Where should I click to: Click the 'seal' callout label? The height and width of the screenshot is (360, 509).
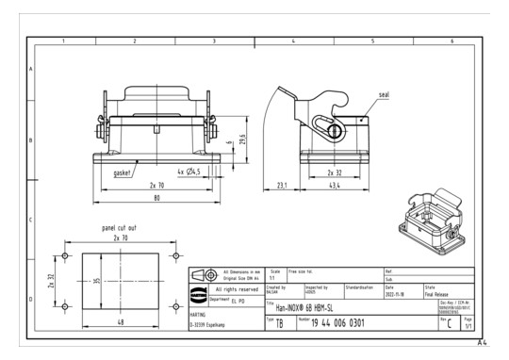tap(385, 95)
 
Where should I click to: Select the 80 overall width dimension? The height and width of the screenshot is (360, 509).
tap(157, 199)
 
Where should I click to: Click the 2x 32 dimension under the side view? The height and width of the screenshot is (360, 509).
tap(335, 173)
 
